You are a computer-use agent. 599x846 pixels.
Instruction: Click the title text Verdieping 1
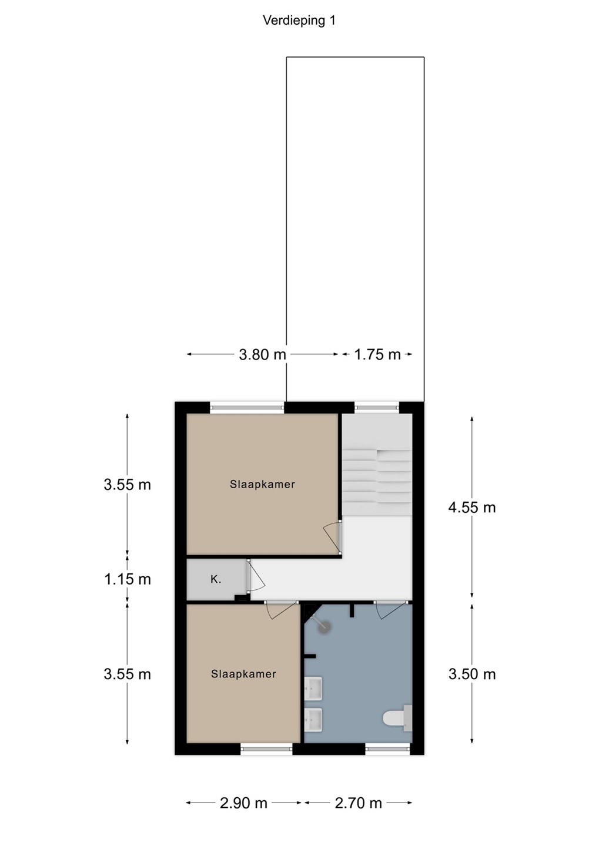[299, 21]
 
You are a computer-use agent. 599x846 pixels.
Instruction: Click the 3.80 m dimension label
[262, 355]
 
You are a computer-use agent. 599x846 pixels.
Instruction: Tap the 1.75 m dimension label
[377, 355]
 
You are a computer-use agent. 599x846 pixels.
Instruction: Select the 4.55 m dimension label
[471, 508]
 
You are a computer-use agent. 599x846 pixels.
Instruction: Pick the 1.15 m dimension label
[128, 579]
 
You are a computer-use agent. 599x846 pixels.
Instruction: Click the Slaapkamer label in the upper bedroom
[262, 485]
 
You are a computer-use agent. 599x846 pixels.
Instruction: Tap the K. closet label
[216, 579]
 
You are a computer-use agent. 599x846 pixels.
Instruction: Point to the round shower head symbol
[324, 627]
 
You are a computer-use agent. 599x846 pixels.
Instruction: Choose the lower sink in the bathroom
[313, 719]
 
